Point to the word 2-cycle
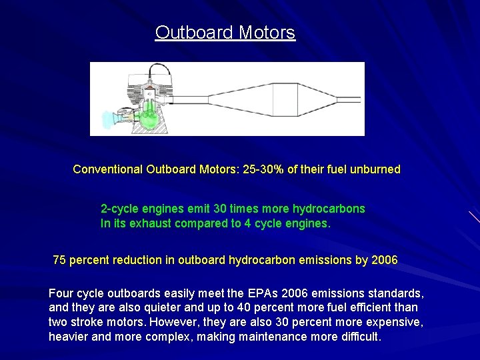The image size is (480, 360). pyautogui.click(x=119, y=209)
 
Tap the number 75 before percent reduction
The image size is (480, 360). pyautogui.click(x=59, y=260)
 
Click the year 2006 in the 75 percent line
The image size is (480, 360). pyautogui.click(x=384, y=260)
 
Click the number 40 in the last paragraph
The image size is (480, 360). pyautogui.click(x=271, y=307)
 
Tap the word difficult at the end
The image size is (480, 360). pyautogui.click(x=359, y=337)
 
